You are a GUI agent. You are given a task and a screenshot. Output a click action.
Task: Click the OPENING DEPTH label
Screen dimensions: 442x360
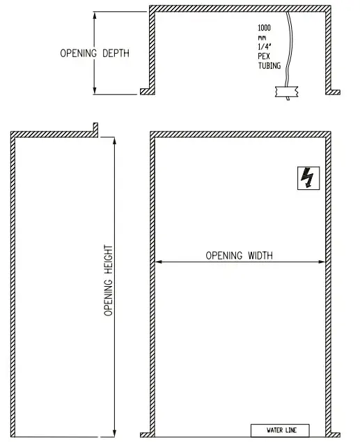(94, 53)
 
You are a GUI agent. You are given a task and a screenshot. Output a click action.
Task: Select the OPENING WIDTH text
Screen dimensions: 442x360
(239, 255)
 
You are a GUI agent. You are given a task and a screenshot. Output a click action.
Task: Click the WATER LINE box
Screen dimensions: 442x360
(279, 430)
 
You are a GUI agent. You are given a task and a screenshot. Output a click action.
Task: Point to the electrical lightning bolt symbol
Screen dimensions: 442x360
(306, 178)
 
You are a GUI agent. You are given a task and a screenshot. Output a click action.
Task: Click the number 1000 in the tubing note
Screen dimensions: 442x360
(265, 28)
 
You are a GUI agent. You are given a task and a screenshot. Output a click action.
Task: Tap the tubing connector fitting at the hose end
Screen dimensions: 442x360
(286, 90)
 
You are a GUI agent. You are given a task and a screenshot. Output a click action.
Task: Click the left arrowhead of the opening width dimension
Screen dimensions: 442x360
(158, 262)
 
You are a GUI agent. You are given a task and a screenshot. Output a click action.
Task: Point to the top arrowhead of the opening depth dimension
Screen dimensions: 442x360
(94, 14)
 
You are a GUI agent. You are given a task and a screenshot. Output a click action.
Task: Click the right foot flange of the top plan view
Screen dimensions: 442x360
(334, 92)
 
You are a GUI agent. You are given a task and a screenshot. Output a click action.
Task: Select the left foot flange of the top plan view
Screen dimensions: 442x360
(147, 92)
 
